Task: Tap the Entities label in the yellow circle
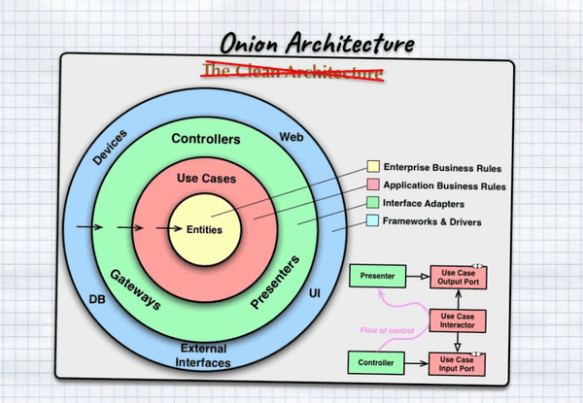point(205,230)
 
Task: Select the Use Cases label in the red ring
point(204,180)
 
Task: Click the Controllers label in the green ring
point(205,140)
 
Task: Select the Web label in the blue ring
point(291,137)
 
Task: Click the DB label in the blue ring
point(97,298)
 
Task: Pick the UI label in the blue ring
point(315,291)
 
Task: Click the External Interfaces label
point(204,355)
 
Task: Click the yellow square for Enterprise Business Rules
point(373,169)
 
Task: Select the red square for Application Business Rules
point(373,186)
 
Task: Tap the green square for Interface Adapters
point(373,204)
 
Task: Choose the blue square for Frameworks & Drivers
point(373,221)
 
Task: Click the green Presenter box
point(376,277)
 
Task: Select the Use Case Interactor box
point(457,321)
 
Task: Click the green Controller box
point(376,363)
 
